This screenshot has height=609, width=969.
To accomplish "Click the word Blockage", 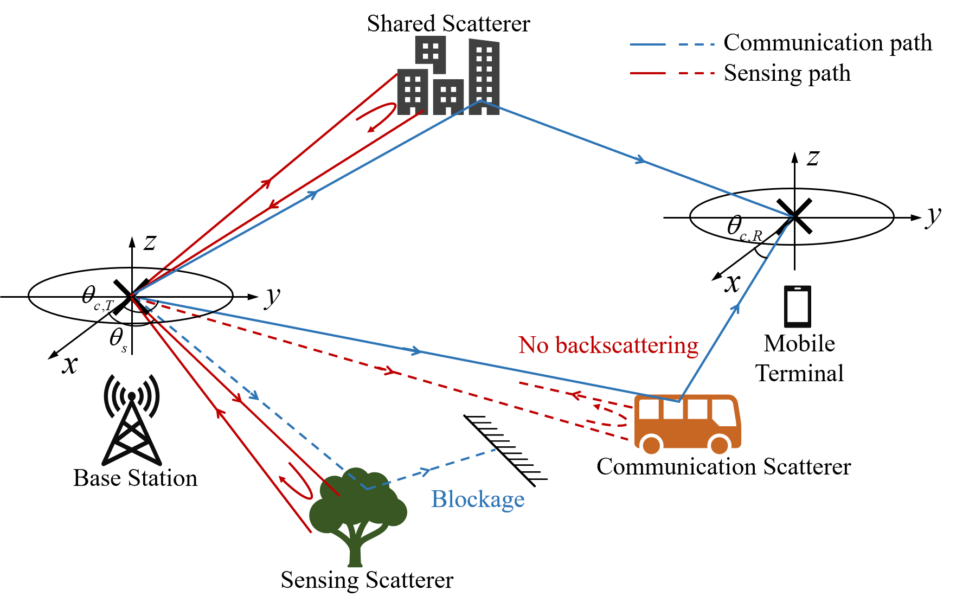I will (478, 499).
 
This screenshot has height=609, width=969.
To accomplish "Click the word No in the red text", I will (534, 345).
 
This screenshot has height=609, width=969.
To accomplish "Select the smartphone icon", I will (797, 306).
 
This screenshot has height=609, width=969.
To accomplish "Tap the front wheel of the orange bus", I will (719, 445).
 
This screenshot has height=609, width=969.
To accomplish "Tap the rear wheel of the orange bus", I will (651, 445).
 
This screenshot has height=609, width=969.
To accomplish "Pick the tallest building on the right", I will (484, 76).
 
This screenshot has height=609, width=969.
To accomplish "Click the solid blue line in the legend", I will (647, 44).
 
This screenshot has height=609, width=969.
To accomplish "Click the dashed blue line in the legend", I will (697, 44).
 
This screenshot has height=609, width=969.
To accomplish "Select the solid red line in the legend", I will (647, 73).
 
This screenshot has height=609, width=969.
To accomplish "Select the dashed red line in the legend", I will (697, 73).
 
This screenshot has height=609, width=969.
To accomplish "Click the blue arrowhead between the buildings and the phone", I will (641, 159).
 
